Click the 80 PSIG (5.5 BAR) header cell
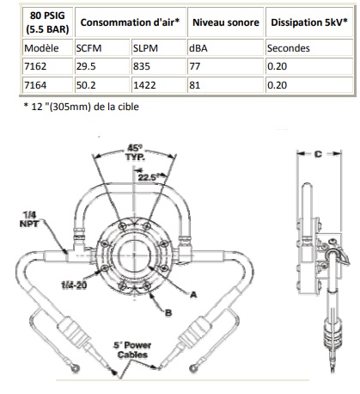pos(47,22)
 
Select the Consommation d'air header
pos(130,22)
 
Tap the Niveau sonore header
pos(226,22)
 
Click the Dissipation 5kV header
pos(309,22)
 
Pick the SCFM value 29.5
pos(86,66)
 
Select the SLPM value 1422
pos(144,85)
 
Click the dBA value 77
pos(195,66)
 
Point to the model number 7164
pos(35,85)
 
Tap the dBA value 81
pos(195,85)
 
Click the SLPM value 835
pos(142,66)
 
